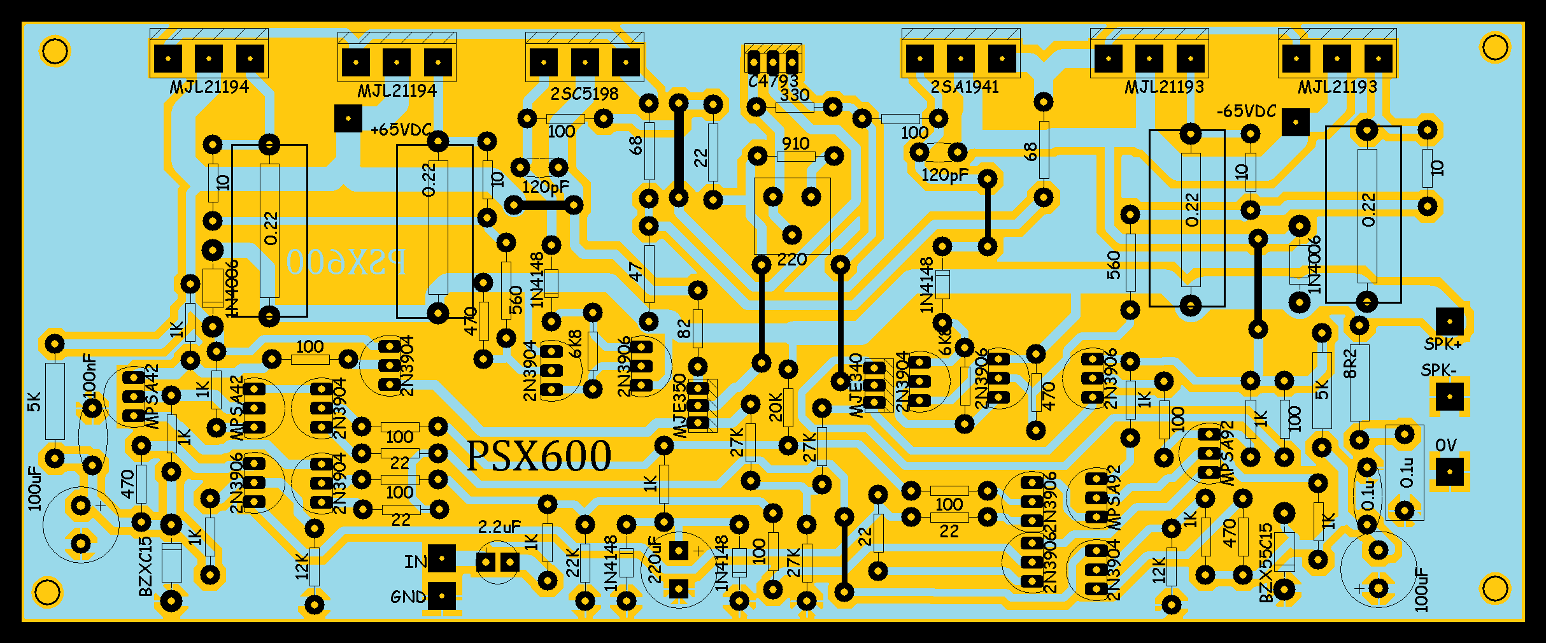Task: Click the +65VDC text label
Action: click(x=401, y=130)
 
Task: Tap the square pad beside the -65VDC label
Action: click(x=1295, y=122)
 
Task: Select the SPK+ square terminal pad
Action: click(x=1450, y=321)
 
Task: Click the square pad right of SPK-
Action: click(x=1450, y=397)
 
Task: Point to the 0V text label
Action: click(x=1446, y=445)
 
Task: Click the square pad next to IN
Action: click(x=442, y=559)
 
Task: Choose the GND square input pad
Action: click(x=442, y=597)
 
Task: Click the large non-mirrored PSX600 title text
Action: click(x=539, y=456)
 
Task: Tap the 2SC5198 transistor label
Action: click(x=585, y=94)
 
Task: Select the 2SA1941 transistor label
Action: click(x=964, y=87)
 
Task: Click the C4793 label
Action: click(x=773, y=81)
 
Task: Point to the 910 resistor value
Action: click(x=795, y=144)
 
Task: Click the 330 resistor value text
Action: click(x=795, y=95)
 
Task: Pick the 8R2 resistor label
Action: click(x=1350, y=363)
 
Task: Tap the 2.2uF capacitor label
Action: click(x=499, y=526)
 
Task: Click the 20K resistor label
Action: click(x=776, y=407)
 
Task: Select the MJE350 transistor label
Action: click(x=679, y=406)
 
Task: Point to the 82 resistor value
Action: click(x=684, y=329)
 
